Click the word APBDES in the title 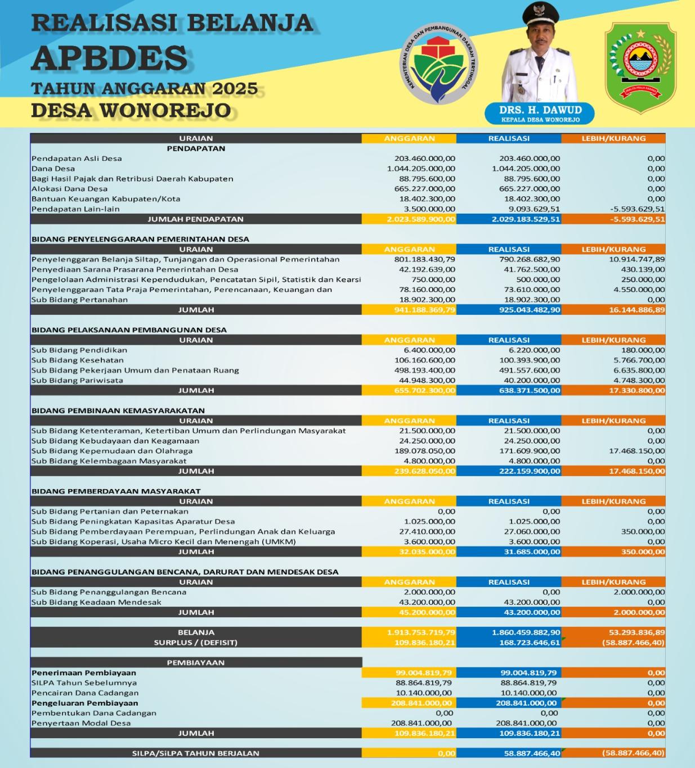109,57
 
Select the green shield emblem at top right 640,61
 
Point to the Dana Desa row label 53,169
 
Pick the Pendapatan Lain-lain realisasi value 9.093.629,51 529,209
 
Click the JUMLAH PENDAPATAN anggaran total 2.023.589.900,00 421,219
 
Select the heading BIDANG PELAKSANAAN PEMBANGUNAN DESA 129,330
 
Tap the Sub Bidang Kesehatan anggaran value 425,360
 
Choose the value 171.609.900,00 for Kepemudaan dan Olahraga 529,451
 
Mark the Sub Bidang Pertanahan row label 79,300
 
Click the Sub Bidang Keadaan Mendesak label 96,602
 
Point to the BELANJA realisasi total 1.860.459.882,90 526,633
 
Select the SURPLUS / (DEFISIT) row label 196,643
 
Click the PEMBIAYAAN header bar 196,663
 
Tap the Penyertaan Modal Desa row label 81,724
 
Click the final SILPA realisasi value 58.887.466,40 529,753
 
